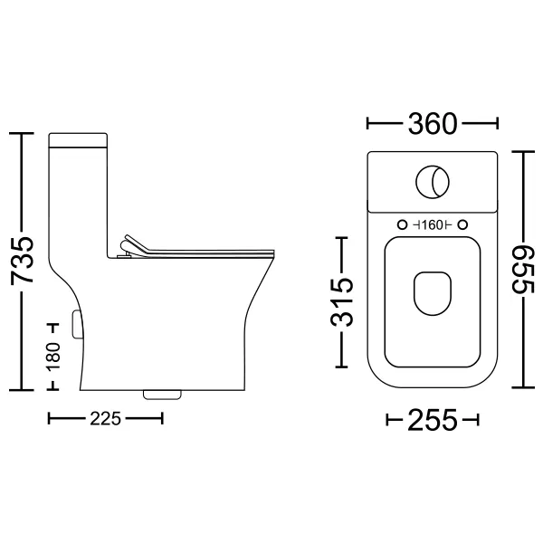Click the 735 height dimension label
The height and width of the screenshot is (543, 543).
click(x=22, y=261)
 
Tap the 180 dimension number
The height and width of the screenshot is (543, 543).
click(x=53, y=357)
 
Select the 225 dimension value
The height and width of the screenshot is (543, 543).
click(x=105, y=419)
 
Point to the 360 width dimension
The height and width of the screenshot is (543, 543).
click(x=433, y=124)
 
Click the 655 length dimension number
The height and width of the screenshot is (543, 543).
click(x=523, y=270)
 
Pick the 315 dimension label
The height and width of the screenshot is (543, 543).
click(x=342, y=302)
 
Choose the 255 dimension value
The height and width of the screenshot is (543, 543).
click(x=433, y=421)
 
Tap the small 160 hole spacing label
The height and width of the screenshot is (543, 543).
click(x=433, y=225)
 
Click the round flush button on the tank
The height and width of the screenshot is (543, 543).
click(x=433, y=182)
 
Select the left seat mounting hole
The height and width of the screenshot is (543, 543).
click(x=402, y=225)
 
